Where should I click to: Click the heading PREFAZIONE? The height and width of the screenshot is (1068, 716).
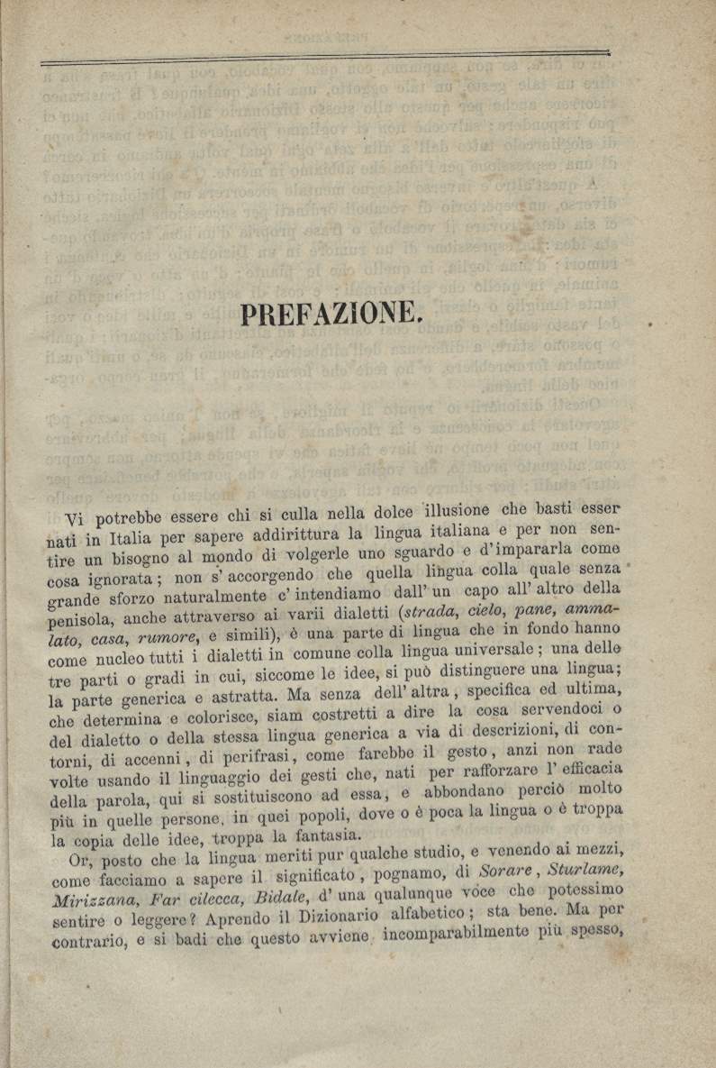(x=331, y=314)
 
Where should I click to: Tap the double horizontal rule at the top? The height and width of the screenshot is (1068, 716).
(x=324, y=58)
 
